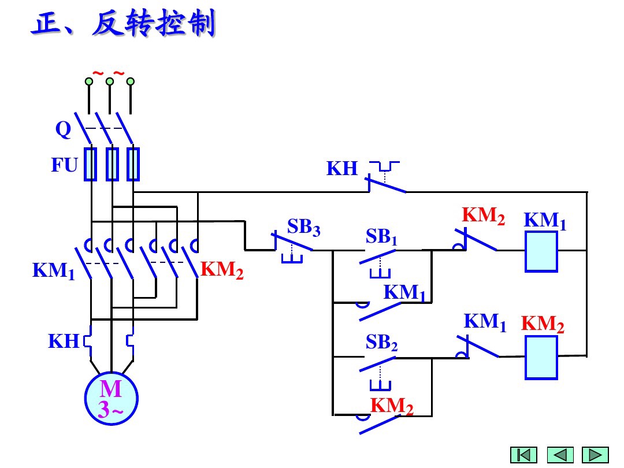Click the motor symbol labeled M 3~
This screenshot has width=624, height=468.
(111, 399)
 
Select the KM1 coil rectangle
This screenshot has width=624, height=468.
(541, 251)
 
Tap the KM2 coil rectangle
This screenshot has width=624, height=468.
(541, 358)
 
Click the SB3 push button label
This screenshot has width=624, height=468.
(303, 227)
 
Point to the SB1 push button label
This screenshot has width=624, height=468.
(381, 237)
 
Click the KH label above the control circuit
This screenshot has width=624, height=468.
(342, 169)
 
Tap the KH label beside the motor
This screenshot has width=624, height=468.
(63, 341)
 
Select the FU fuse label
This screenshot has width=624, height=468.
(64, 166)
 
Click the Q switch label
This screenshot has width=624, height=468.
(63, 130)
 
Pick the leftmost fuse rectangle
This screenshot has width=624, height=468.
(91, 164)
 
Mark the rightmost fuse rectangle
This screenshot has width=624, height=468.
(133, 164)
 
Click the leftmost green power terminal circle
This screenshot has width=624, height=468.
(89, 81)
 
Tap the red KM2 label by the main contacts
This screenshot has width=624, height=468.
(222, 270)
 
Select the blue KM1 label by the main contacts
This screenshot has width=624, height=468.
(54, 270)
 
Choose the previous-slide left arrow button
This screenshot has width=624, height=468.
(560, 455)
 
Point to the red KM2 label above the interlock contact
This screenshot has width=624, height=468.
(484, 216)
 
